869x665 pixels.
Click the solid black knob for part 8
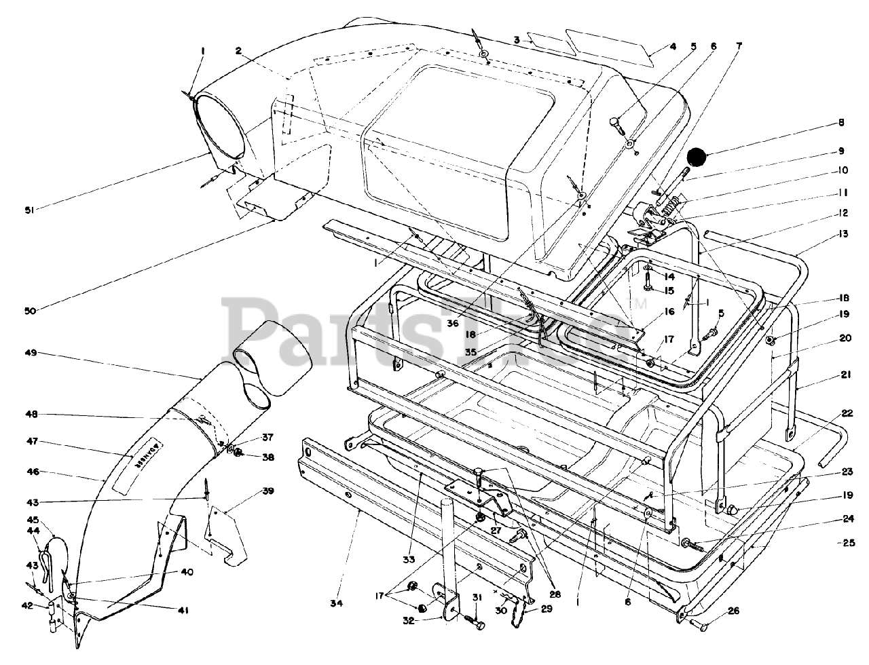pos(697,157)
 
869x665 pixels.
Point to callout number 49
pos(29,353)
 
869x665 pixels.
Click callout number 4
pos(673,47)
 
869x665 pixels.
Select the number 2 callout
pos(239,50)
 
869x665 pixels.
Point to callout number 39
pos(268,491)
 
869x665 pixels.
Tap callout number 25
pos(844,543)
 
